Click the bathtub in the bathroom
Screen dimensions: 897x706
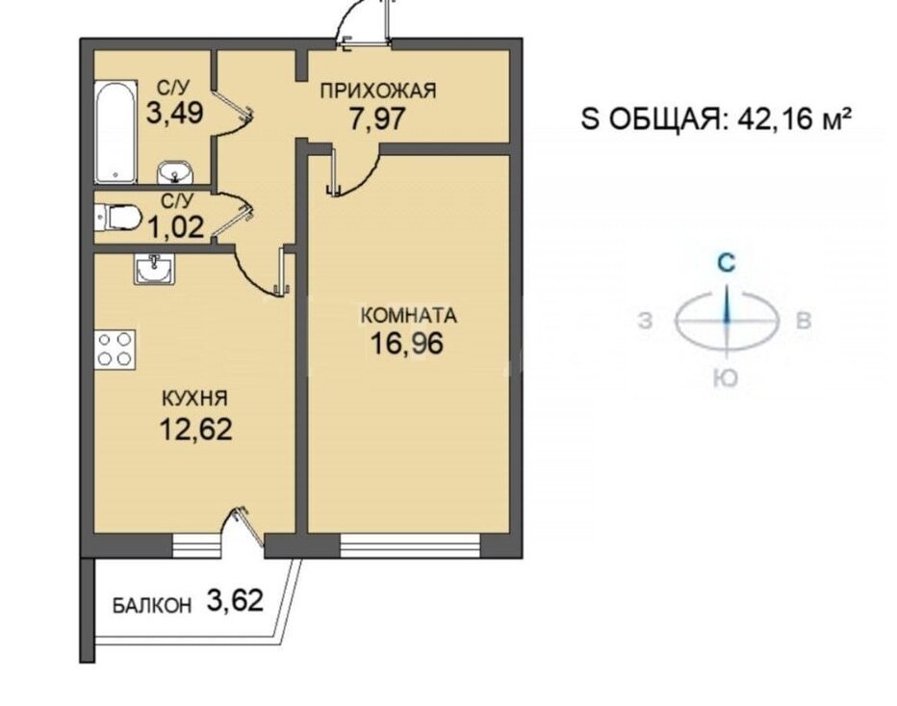(116, 132)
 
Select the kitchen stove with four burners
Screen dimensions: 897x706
(115, 349)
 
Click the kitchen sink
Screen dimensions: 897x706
(154, 269)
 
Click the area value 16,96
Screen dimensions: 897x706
(407, 344)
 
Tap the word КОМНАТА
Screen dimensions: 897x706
(410, 316)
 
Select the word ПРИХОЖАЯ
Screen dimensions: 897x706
(378, 91)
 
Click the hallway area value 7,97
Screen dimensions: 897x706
(377, 118)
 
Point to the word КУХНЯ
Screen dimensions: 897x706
(195, 398)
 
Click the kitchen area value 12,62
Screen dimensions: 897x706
(195, 429)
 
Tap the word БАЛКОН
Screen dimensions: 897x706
(152, 606)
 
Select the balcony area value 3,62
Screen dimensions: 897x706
(235, 601)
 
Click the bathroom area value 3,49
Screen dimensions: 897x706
(175, 113)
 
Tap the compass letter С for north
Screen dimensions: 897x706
(727, 263)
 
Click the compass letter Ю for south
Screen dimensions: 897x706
(726, 378)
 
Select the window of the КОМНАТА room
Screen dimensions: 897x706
(410, 546)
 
